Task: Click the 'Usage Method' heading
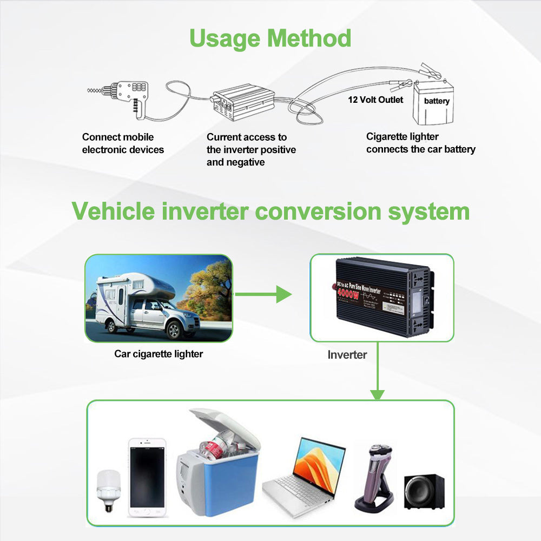[x=270, y=39]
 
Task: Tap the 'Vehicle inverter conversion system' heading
[x=270, y=212]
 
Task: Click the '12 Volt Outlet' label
[x=375, y=100]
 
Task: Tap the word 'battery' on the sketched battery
[x=436, y=101]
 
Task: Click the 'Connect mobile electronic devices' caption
[x=123, y=143]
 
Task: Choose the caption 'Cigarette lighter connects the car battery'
[x=420, y=143]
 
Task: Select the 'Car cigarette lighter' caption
[x=159, y=354]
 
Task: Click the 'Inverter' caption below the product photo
[x=347, y=355]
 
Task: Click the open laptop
[x=306, y=471]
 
